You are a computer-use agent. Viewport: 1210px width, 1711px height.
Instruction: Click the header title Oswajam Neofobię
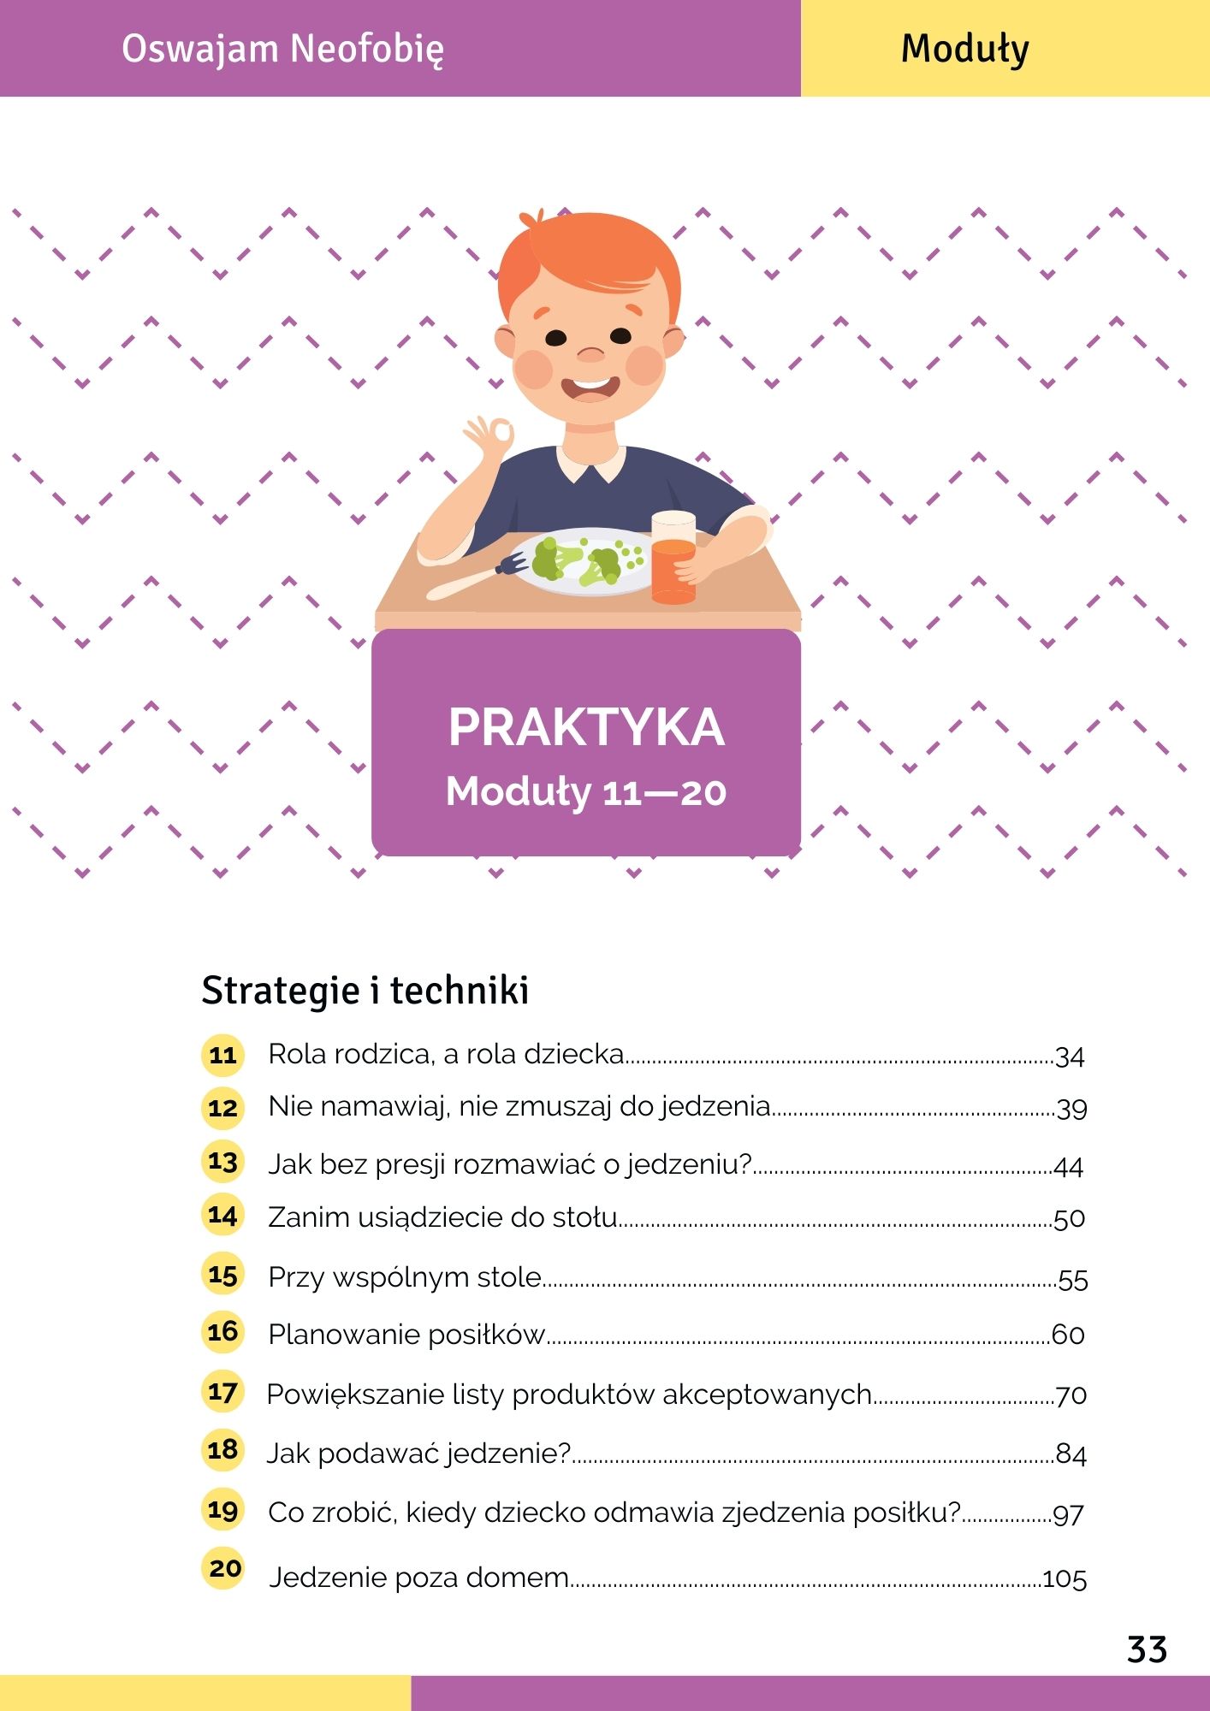tap(282, 49)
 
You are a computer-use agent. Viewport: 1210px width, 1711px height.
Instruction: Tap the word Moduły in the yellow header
tap(964, 49)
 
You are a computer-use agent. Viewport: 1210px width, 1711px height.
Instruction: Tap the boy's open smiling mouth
tap(590, 389)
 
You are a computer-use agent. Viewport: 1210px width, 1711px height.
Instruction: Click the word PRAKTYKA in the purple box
tap(586, 727)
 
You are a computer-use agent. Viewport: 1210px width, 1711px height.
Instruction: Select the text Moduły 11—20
tap(586, 791)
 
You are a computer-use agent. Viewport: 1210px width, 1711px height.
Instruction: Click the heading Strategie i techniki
tap(365, 991)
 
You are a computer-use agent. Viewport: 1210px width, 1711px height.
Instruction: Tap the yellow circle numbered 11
tap(222, 1055)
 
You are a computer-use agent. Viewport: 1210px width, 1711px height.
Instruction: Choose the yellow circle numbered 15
tap(222, 1275)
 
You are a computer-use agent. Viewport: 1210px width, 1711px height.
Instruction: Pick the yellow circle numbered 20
tap(224, 1568)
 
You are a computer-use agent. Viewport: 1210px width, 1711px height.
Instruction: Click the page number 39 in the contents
tap(1071, 1109)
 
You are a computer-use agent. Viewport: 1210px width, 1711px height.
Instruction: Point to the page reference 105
tap(1065, 1578)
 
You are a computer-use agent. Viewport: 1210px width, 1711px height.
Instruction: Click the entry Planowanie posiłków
tap(406, 1335)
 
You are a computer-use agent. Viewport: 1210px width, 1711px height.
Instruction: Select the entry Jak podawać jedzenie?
tap(418, 1453)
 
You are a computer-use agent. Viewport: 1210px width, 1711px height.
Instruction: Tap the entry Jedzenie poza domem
tap(419, 1577)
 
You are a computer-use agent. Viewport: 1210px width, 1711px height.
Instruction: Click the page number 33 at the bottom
tap(1147, 1649)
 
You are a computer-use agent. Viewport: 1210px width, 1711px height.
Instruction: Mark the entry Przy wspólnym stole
tap(405, 1277)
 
